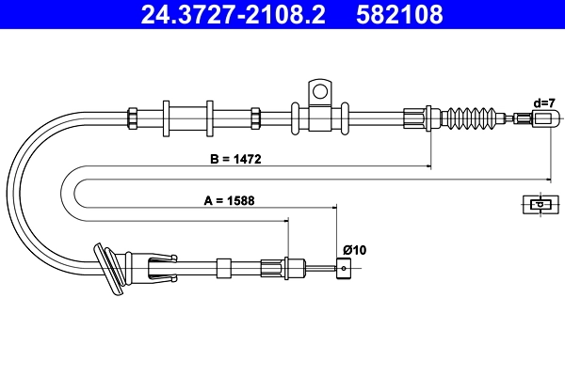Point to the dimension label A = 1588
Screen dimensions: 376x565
click(x=230, y=200)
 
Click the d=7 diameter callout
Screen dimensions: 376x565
click(x=543, y=102)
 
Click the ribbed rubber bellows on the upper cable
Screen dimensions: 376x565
click(x=476, y=118)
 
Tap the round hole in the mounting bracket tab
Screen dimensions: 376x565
click(x=319, y=92)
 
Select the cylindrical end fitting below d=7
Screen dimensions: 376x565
click(x=543, y=118)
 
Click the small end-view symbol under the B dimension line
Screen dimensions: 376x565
click(x=540, y=204)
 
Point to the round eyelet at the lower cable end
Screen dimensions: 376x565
click(x=345, y=268)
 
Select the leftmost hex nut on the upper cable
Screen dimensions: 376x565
click(x=133, y=117)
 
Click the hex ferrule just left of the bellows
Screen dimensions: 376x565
click(x=415, y=117)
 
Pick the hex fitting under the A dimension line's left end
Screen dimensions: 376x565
click(x=291, y=267)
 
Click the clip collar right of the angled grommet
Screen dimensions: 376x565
click(x=155, y=267)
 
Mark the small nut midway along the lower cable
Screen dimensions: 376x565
click(x=223, y=267)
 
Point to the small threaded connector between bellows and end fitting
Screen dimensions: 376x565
click(x=521, y=118)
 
